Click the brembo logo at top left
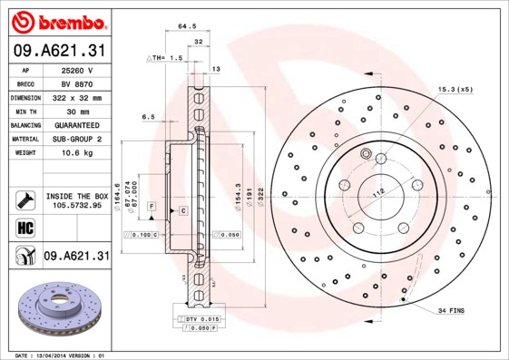[x=56, y=20]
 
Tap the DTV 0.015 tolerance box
[x=201, y=320]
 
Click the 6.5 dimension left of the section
[x=148, y=116]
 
